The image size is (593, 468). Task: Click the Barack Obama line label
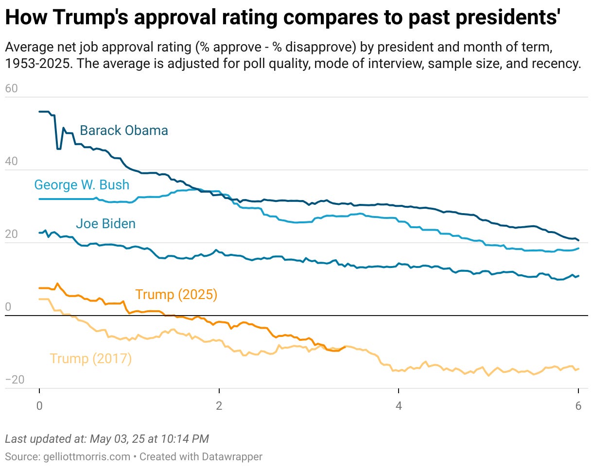tap(123, 131)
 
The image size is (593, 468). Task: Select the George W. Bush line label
tap(82, 185)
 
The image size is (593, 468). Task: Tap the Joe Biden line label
tap(105, 224)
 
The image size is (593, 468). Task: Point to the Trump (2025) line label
tap(176, 295)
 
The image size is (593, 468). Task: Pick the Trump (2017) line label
tap(90, 359)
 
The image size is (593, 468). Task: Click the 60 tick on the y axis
tap(11, 89)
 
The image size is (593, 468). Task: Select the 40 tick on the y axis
tap(11, 162)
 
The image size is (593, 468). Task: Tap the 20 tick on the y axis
tap(11, 234)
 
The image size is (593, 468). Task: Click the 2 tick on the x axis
tap(219, 406)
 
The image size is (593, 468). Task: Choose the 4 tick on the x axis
tap(399, 406)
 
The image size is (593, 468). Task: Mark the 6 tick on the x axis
tap(578, 406)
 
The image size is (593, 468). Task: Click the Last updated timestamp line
tap(107, 439)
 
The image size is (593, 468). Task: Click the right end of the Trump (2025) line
tap(345, 347)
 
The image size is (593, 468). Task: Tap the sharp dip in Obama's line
tap(59, 148)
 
